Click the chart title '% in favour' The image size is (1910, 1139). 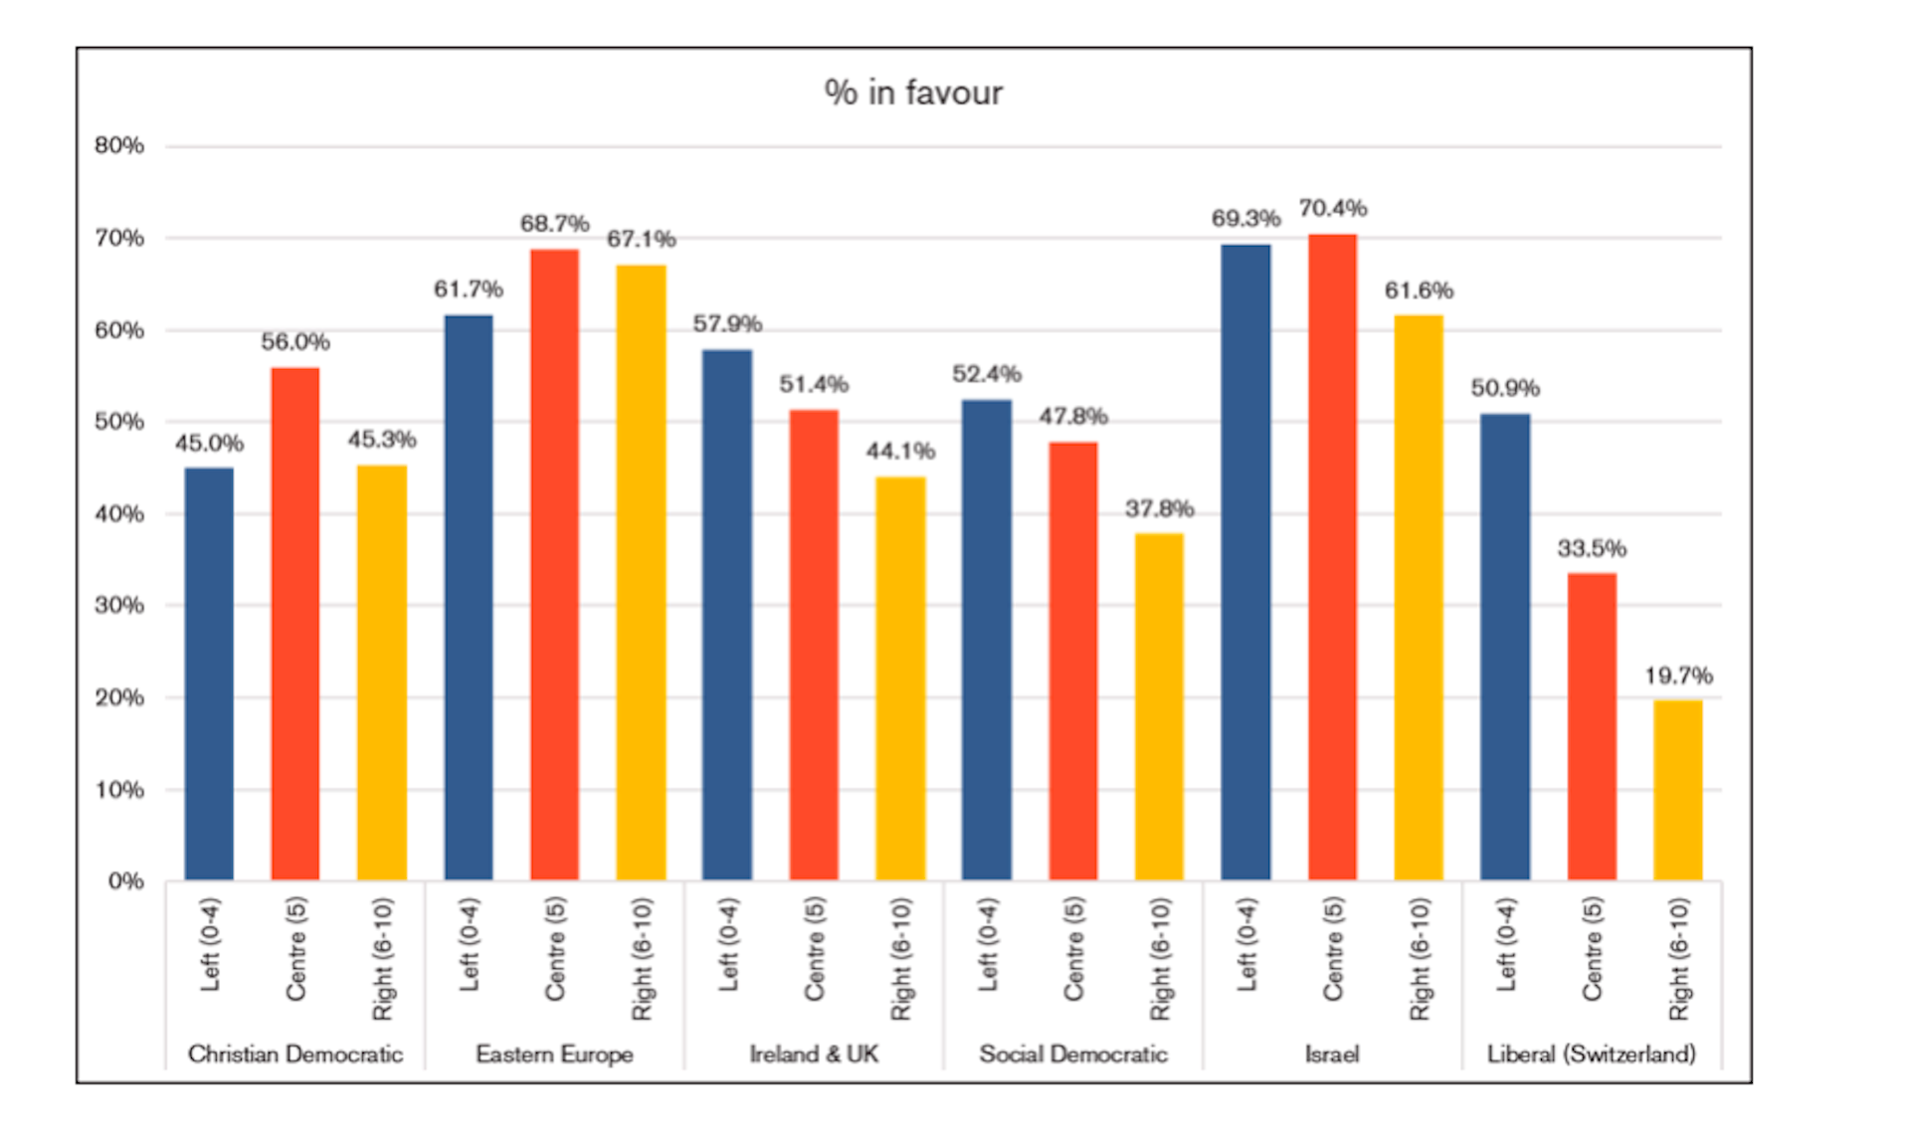click(x=913, y=93)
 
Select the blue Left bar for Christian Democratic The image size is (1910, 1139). click(x=209, y=673)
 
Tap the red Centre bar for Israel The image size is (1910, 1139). click(x=1332, y=557)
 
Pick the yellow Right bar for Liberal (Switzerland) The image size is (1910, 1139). click(x=1678, y=790)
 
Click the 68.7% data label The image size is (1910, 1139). click(x=554, y=224)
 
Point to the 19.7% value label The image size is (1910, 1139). click(x=1678, y=676)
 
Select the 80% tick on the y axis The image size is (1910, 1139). click(x=119, y=146)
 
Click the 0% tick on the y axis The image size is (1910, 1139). click(x=126, y=881)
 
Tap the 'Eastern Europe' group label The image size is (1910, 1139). click(x=554, y=1054)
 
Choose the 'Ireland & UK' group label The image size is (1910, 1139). click(x=814, y=1054)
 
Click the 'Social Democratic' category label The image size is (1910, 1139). click(x=1073, y=1054)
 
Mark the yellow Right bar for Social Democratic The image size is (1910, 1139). click(x=1159, y=706)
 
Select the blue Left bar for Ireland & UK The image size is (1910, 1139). click(x=727, y=615)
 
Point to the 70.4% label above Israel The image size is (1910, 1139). click(x=1332, y=209)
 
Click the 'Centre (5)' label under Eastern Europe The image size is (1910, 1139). click(x=554, y=949)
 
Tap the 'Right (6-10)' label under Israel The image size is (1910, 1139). click(x=1420, y=959)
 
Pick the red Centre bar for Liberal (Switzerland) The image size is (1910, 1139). click(x=1592, y=726)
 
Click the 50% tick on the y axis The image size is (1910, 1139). click(x=119, y=422)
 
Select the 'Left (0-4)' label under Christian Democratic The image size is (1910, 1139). click(x=209, y=945)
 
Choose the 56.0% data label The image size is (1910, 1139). click(x=295, y=342)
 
